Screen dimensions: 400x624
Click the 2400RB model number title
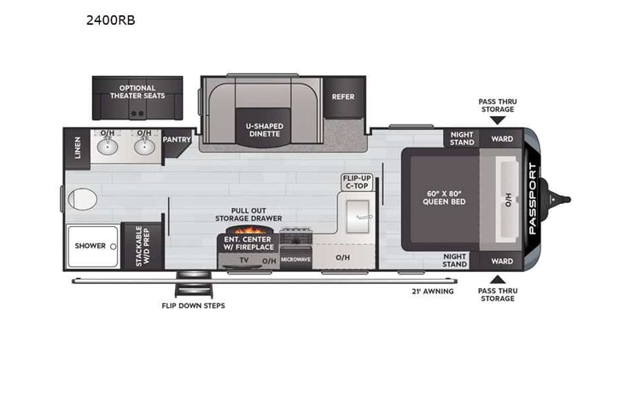click(x=112, y=20)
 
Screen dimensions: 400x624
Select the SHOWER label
click(x=90, y=246)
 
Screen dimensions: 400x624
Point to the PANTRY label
click(x=177, y=139)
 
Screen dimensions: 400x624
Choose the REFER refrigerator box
click(x=343, y=97)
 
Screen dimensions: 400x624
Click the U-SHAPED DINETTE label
click(x=264, y=130)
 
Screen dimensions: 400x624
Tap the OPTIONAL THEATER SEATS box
click(x=137, y=92)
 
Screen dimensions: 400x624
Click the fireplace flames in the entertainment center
click(x=249, y=230)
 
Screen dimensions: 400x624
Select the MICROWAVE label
click(x=295, y=258)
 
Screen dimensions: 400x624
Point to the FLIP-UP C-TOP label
click(x=357, y=182)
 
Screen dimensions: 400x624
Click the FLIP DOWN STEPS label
click(x=194, y=305)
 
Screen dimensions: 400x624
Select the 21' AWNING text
click(x=432, y=291)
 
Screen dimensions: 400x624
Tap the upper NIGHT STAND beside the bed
click(x=462, y=138)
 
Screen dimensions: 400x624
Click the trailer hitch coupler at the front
click(x=563, y=200)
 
